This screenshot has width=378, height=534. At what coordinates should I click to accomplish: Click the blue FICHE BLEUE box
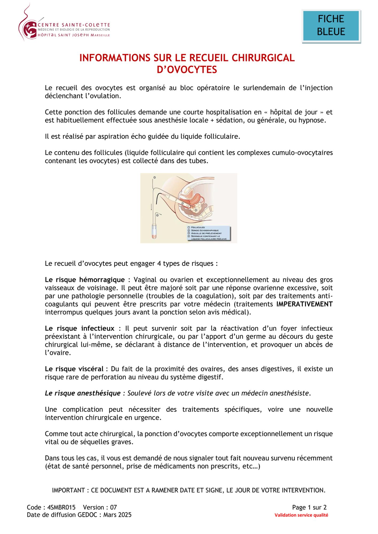[331, 26]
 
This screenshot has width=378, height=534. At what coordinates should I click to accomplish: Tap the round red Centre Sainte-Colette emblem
[30, 30]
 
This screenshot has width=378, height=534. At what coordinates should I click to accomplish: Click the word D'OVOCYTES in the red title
[187, 70]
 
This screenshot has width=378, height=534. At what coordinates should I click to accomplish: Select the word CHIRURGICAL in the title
[263, 58]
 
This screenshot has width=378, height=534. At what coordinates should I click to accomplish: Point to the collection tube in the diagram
[154, 231]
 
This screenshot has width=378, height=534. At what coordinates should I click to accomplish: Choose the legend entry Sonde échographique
[205, 230]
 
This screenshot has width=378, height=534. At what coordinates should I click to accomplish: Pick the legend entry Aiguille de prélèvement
[206, 233]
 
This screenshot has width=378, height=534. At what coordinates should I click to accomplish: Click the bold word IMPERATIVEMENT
[304, 304]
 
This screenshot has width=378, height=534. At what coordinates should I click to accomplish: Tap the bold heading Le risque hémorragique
[85, 280]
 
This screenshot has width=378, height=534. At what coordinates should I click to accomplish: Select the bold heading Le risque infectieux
[80, 328]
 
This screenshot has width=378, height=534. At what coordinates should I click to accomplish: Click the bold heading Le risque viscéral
[74, 369]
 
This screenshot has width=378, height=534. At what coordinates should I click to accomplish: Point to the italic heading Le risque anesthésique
[83, 393]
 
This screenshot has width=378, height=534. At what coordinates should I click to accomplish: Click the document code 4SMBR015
[61, 507]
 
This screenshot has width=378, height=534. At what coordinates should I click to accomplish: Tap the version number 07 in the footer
[114, 507]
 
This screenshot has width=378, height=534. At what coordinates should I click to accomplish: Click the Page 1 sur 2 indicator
[309, 507]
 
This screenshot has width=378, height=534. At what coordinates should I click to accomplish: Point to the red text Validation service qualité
[301, 515]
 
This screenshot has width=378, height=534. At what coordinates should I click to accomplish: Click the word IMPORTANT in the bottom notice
[68, 490]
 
